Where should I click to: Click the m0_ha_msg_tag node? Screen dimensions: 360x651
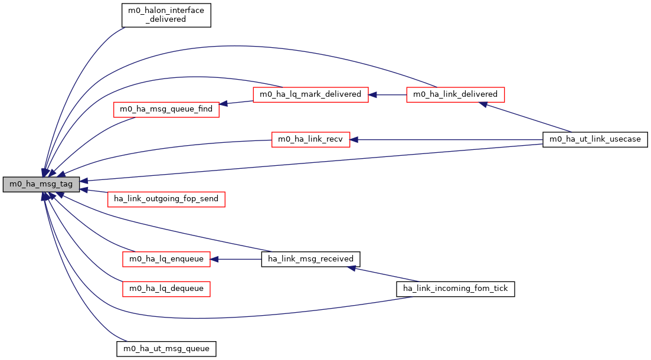point(41,184)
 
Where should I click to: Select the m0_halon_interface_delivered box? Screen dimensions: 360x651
point(166,14)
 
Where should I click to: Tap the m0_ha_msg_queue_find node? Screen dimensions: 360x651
point(166,109)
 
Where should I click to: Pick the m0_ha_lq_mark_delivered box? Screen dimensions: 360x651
point(311,94)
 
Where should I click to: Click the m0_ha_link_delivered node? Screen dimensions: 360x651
point(455,94)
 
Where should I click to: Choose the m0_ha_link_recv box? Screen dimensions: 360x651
point(310,140)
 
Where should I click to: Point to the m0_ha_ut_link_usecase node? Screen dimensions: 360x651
point(596,140)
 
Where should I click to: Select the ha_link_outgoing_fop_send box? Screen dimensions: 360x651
point(166,199)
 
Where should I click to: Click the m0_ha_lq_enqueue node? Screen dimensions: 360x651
point(166,259)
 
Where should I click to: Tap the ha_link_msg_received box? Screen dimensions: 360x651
point(310,259)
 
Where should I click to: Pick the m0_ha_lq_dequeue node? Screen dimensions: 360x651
point(166,289)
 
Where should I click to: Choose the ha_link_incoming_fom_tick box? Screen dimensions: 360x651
point(455,289)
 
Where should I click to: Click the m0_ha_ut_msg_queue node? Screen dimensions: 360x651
point(166,348)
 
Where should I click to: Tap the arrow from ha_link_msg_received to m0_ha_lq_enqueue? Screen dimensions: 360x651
point(236,259)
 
